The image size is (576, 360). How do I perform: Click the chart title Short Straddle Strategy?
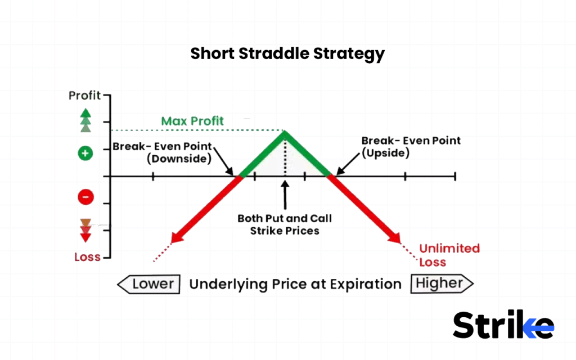click(x=287, y=54)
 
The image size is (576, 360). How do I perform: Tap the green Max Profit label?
click(x=192, y=121)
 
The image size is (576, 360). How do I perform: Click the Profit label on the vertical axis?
click(x=84, y=96)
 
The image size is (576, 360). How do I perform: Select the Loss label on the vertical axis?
click(x=87, y=257)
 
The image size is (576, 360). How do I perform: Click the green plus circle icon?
click(x=85, y=153)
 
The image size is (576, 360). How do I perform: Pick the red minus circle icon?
click(x=85, y=197)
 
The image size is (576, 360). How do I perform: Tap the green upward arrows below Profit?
click(x=85, y=120)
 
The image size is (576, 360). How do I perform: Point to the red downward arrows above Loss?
click(x=85, y=231)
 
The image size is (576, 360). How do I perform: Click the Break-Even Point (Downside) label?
click(x=163, y=152)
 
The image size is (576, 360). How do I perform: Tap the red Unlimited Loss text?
click(x=449, y=255)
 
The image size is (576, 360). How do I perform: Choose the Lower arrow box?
click(x=149, y=284)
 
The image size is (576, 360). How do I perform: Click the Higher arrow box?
click(x=442, y=284)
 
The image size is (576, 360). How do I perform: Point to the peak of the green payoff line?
click(x=285, y=133)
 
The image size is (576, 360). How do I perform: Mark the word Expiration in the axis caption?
click(x=365, y=284)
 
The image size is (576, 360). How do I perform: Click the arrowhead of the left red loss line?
click(x=176, y=237)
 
